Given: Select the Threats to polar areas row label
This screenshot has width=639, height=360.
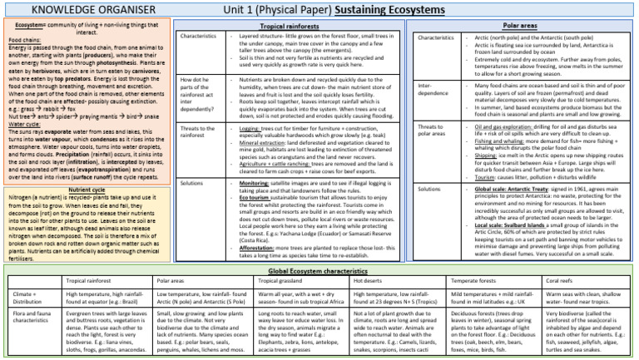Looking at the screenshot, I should click(436, 131).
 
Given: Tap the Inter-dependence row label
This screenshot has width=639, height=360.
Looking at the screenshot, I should click(435, 89).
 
